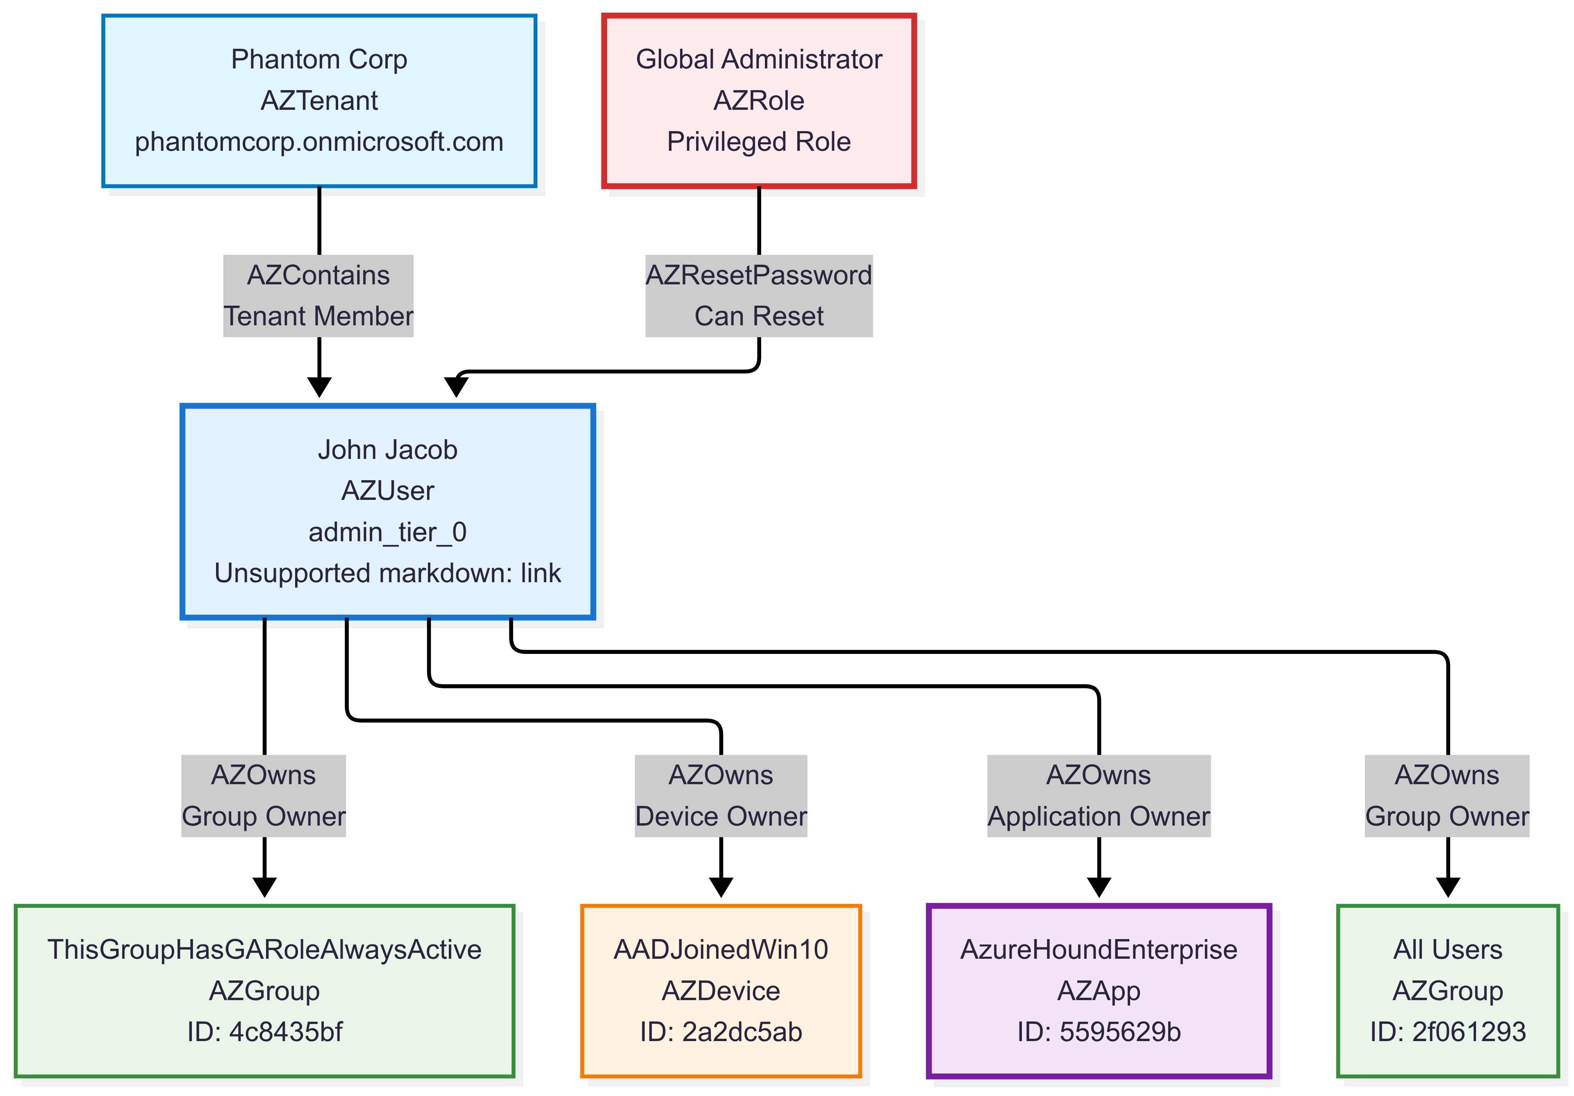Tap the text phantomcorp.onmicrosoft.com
319,142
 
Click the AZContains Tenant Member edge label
319,295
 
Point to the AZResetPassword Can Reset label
759,295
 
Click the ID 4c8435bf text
265,1032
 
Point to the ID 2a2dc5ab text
721,1032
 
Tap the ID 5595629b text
1099,1032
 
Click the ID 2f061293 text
1448,1032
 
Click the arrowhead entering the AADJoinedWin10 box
721,887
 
